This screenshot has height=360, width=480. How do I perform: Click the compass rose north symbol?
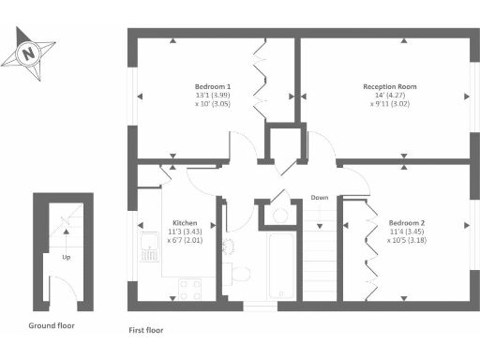tap(28, 52)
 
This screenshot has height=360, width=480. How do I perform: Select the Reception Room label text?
tap(390, 86)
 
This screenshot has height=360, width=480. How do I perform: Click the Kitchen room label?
tap(184, 223)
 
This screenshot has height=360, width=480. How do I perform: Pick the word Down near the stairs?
tap(320, 198)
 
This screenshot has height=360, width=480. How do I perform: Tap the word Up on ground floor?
tap(67, 255)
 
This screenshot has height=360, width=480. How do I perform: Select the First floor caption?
tap(145, 331)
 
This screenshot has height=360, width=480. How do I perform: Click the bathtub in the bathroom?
tap(281, 267)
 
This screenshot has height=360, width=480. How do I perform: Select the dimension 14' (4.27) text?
tap(390, 95)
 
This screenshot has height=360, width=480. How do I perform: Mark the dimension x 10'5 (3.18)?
tap(406, 239)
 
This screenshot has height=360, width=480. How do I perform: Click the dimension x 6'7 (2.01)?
tap(184, 240)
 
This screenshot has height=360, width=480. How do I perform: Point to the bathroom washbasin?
tap(227, 246)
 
